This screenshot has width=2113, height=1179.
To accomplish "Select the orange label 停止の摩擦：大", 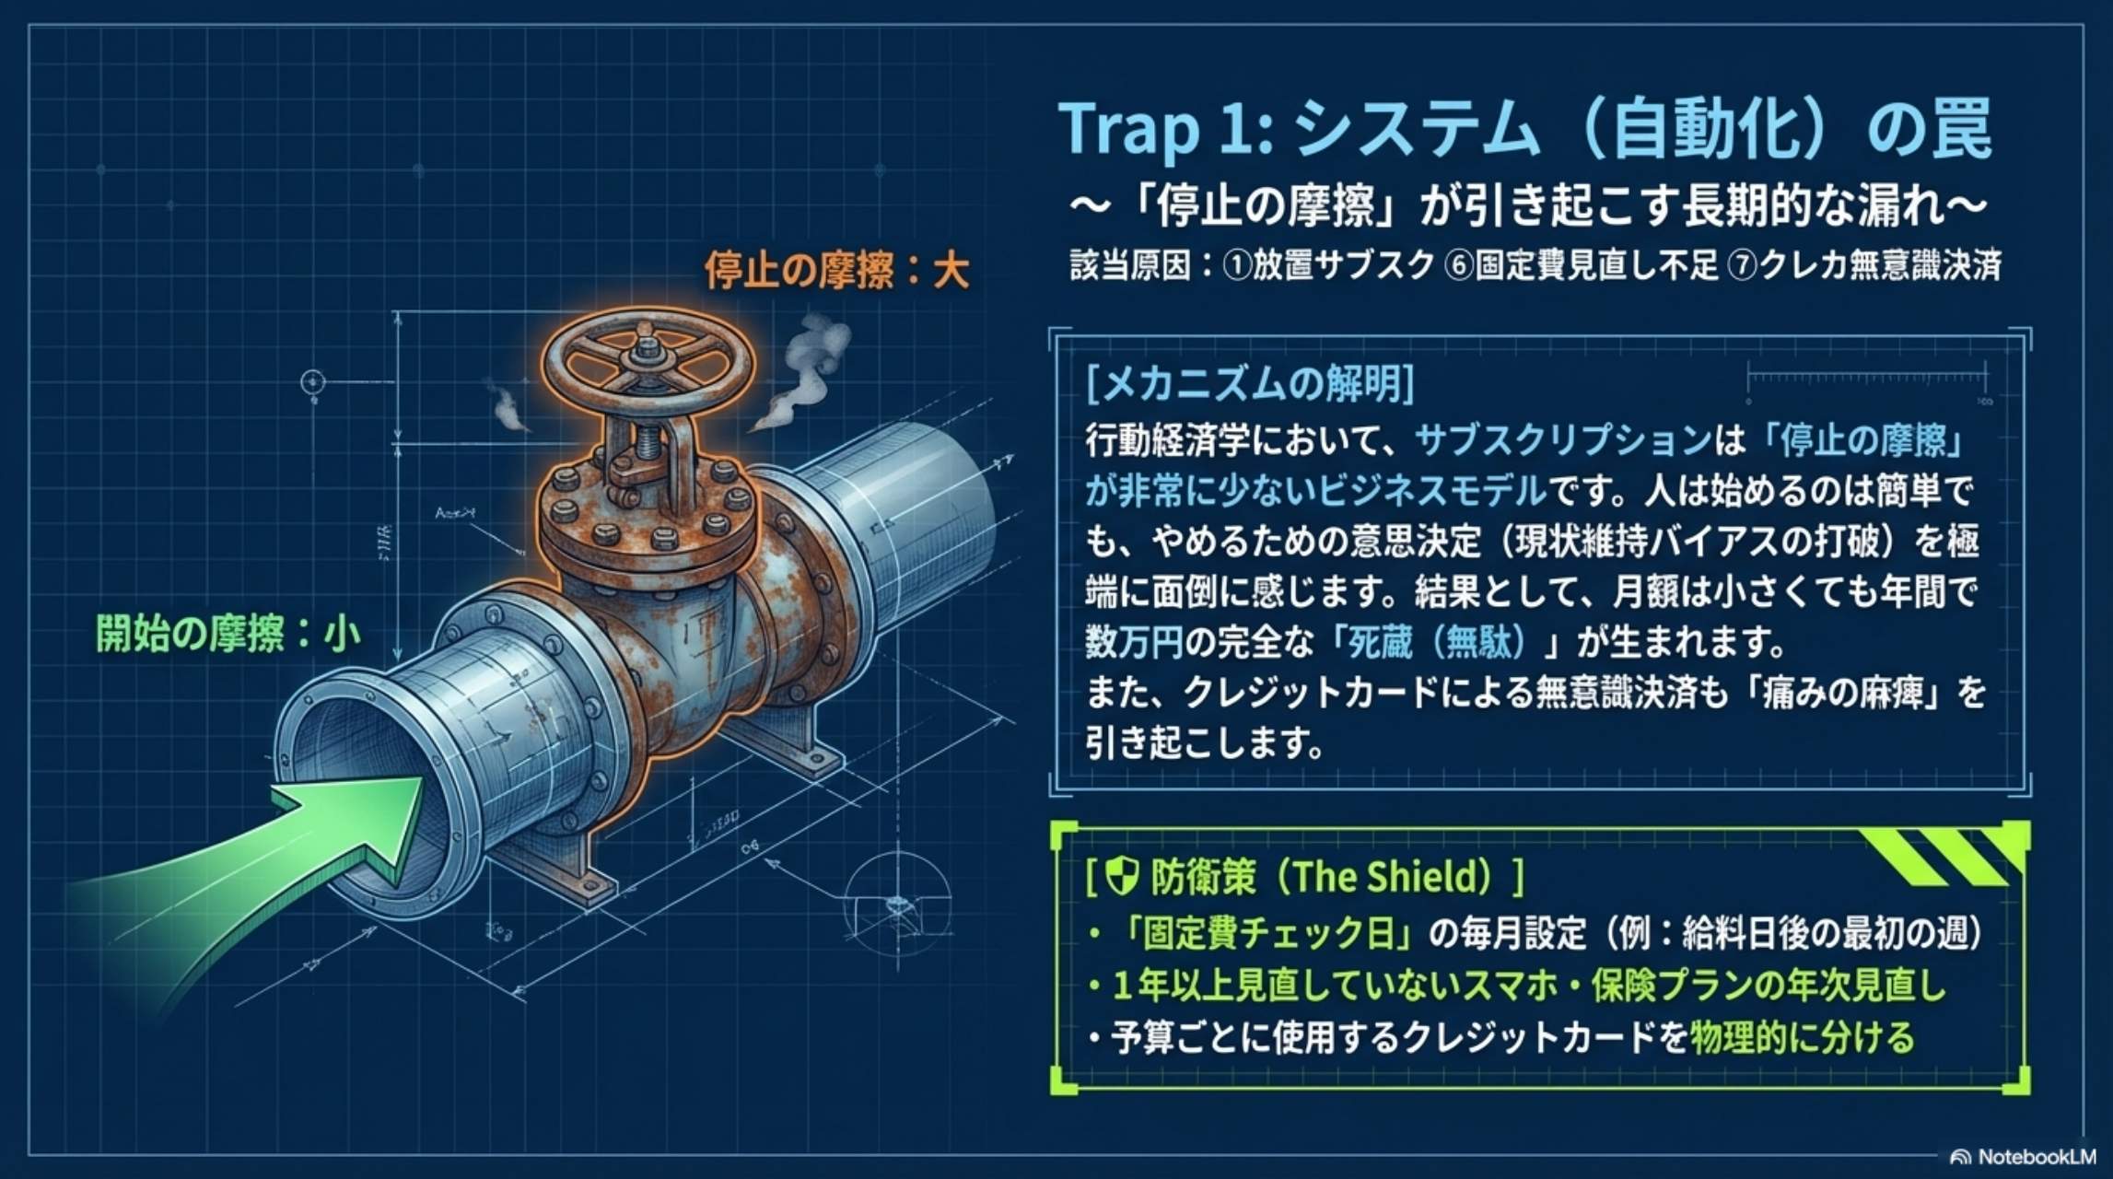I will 836,272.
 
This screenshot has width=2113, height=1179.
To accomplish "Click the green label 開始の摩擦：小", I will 228,635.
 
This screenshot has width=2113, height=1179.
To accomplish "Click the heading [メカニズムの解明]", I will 1250,383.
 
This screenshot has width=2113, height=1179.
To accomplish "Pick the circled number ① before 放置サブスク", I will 1236,266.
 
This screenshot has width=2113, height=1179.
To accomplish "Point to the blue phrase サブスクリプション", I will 1562,441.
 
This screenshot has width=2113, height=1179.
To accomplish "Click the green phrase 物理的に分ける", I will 1802,1038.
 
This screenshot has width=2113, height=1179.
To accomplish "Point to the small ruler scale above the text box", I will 1866,379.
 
